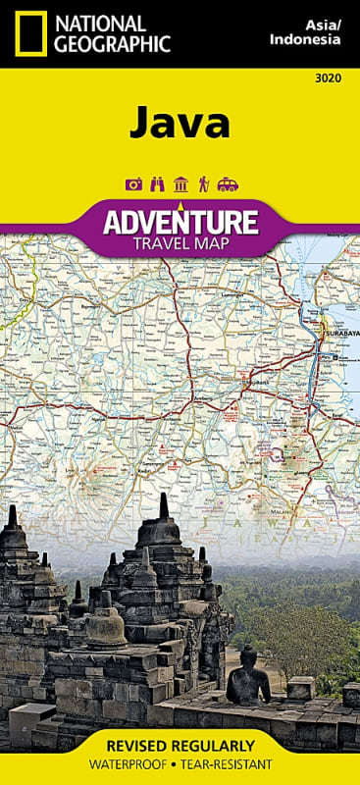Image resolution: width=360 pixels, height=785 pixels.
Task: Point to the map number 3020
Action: coord(331,79)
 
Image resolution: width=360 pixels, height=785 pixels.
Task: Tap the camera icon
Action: coord(132,183)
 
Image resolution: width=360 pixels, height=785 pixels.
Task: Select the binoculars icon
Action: coord(156,183)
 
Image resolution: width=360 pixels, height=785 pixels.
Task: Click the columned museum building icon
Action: coord(180,183)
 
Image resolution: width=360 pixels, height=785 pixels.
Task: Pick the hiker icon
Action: coord(204,183)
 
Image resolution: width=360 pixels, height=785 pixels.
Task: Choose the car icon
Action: coord(227,183)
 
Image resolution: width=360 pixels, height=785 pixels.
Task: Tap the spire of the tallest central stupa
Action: coord(164,505)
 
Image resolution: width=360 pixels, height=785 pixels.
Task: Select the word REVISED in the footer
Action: coord(140,746)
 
